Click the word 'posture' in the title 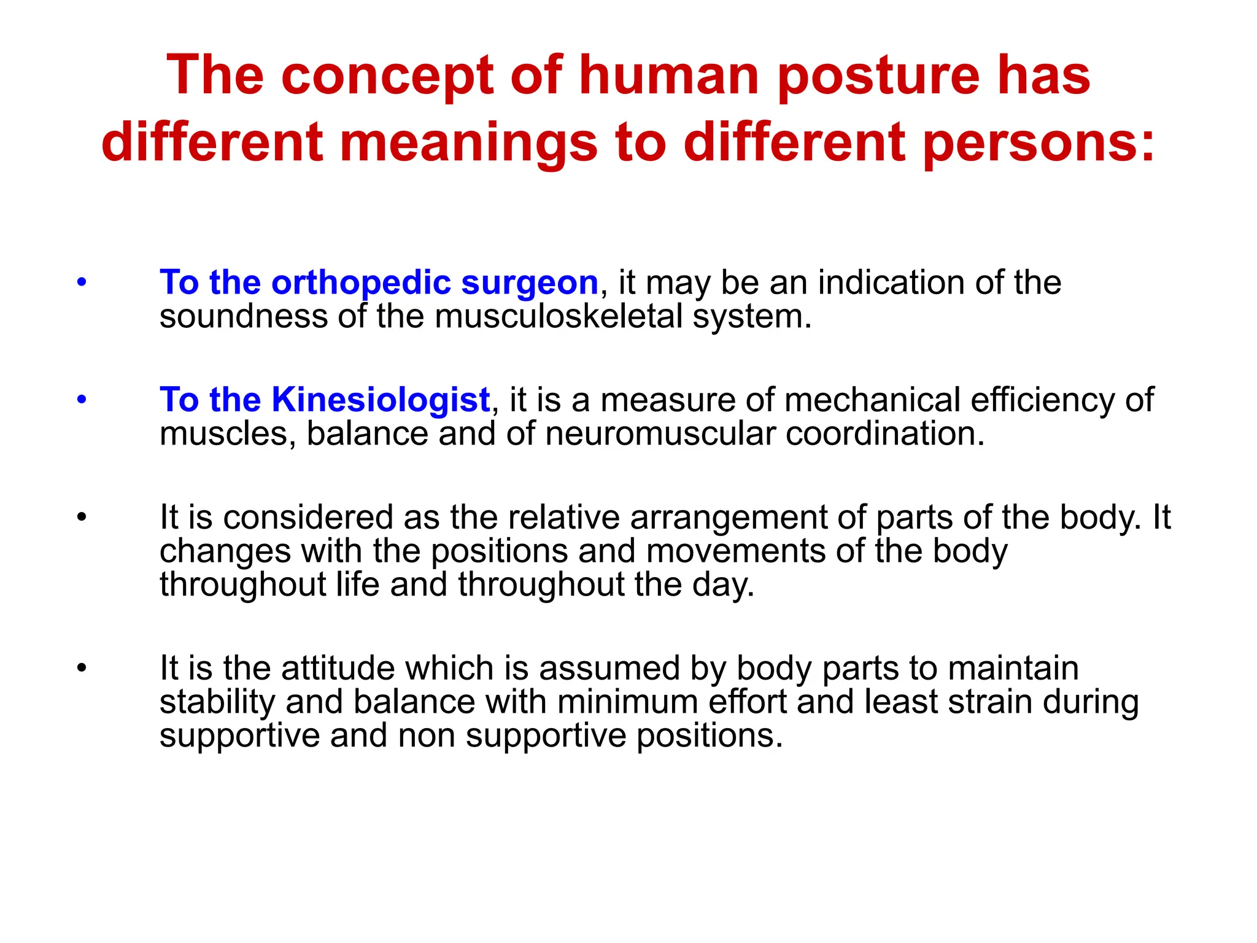click(x=878, y=76)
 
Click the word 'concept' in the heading click(x=387, y=76)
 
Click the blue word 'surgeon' click(x=529, y=283)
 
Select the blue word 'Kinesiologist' click(x=381, y=400)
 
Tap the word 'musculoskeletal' click(x=559, y=317)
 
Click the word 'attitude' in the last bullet click(x=338, y=668)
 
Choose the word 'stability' click(x=217, y=702)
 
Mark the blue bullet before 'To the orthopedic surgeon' click(x=82, y=283)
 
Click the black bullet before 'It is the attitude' click(x=82, y=668)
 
